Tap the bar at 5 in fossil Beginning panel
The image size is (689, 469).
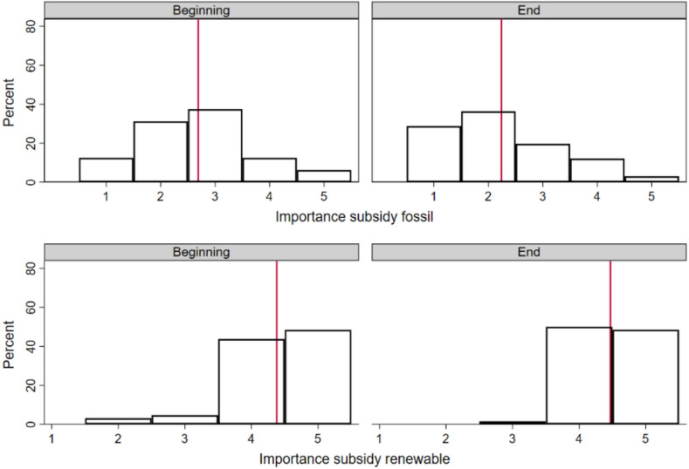click(323, 176)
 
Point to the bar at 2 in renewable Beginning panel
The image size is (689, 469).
click(118, 421)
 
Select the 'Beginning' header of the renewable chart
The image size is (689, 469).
click(201, 251)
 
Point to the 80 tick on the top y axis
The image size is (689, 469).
click(30, 26)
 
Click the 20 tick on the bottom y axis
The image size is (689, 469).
click(30, 385)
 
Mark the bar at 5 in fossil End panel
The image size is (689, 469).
click(651, 179)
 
